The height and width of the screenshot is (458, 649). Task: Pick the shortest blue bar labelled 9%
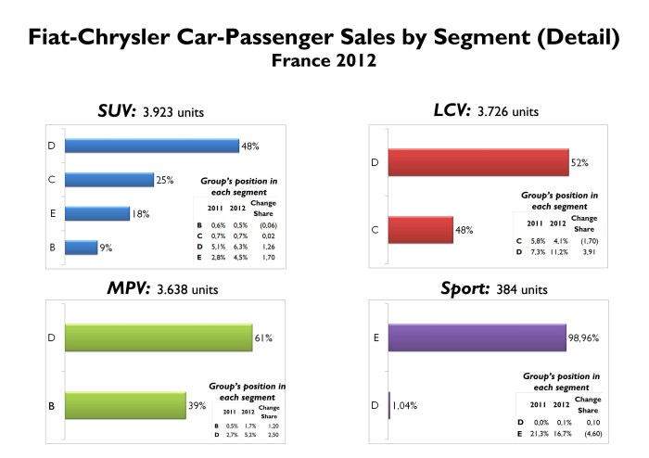tap(82, 248)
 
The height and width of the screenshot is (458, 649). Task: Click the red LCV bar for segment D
tap(477, 162)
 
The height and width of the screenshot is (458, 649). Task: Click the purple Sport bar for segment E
tap(477, 338)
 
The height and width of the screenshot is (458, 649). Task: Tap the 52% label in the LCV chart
tap(581, 163)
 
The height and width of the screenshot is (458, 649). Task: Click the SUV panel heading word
tap(116, 111)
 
